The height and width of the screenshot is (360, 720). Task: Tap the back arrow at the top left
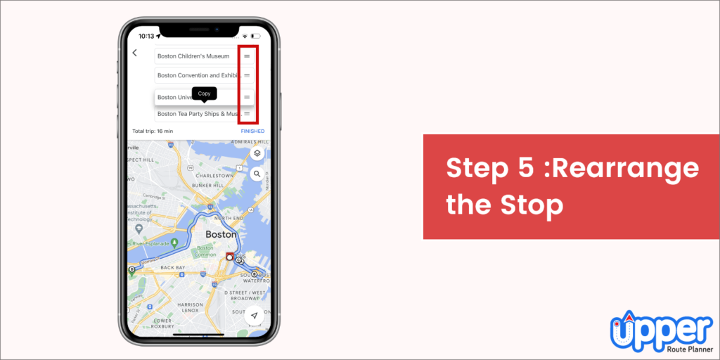pyautogui.click(x=135, y=53)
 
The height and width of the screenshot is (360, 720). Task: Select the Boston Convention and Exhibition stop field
pyautogui.click(x=197, y=75)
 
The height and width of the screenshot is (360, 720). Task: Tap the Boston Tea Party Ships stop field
pyautogui.click(x=197, y=113)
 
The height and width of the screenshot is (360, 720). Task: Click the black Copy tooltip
pyautogui.click(x=204, y=94)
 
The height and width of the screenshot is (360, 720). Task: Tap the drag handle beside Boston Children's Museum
pyautogui.click(x=247, y=56)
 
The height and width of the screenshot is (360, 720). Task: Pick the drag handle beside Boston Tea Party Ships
pyautogui.click(x=247, y=113)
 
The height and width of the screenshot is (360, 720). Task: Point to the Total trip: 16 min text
pyautogui.click(x=153, y=131)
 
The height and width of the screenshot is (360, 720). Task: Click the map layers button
pyautogui.click(x=257, y=153)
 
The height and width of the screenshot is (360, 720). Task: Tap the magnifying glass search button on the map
pyautogui.click(x=257, y=174)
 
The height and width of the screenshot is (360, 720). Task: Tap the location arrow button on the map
pyautogui.click(x=255, y=316)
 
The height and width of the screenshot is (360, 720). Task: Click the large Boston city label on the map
pyautogui.click(x=220, y=234)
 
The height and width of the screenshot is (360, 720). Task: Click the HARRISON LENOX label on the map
pyautogui.click(x=190, y=307)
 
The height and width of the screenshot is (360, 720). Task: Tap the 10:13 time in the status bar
pyautogui.click(x=146, y=36)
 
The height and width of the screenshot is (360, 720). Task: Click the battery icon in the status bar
pyautogui.click(x=258, y=36)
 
